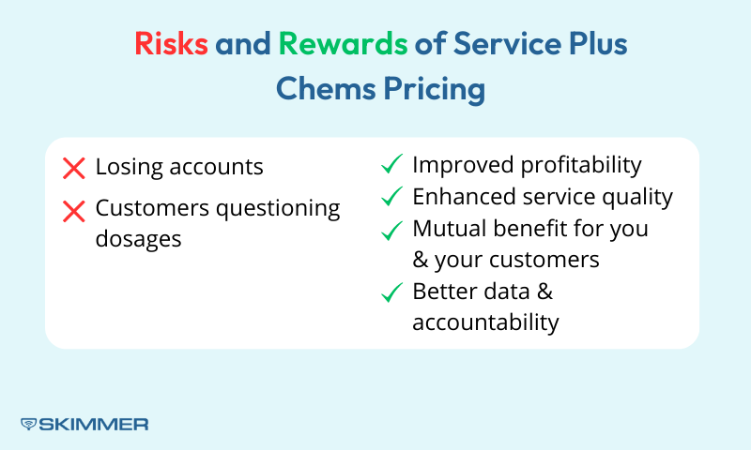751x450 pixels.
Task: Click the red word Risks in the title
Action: pyautogui.click(x=171, y=44)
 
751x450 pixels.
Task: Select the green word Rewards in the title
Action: pyautogui.click(x=343, y=44)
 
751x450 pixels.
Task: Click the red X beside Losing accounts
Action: pyautogui.click(x=73, y=169)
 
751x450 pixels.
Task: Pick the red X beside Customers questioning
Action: pyautogui.click(x=73, y=211)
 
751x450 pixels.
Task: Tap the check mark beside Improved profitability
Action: pyautogui.click(x=391, y=166)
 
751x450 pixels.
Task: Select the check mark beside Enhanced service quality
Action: pyautogui.click(x=391, y=198)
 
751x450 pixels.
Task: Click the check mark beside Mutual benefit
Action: pyautogui.click(x=391, y=230)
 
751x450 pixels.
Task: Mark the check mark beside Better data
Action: pyautogui.click(x=391, y=292)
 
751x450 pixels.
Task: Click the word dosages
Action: pyautogui.click(x=138, y=239)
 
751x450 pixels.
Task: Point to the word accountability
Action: pyautogui.click(x=485, y=322)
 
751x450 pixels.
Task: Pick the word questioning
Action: pyautogui.click(x=279, y=209)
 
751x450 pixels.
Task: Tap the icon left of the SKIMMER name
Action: pyautogui.click(x=28, y=424)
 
